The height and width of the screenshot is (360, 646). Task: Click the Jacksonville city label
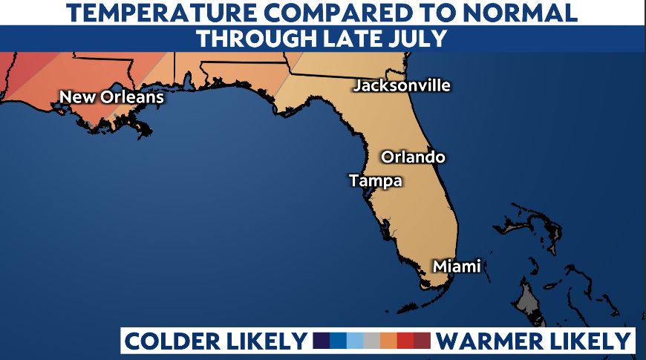(x=402, y=85)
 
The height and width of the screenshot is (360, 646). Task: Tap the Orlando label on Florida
(x=413, y=157)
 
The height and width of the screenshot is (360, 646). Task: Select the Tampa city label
(x=375, y=180)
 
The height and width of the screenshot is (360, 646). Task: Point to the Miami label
(x=457, y=266)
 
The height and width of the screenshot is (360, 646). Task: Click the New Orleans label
(x=111, y=97)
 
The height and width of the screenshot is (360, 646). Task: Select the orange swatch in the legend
(x=388, y=341)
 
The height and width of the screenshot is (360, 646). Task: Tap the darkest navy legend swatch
(x=322, y=341)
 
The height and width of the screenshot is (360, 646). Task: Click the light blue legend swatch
(x=356, y=341)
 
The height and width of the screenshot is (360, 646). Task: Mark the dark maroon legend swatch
(x=422, y=341)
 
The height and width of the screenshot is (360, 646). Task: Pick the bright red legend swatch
(x=405, y=341)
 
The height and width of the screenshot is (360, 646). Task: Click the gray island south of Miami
(x=527, y=301)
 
